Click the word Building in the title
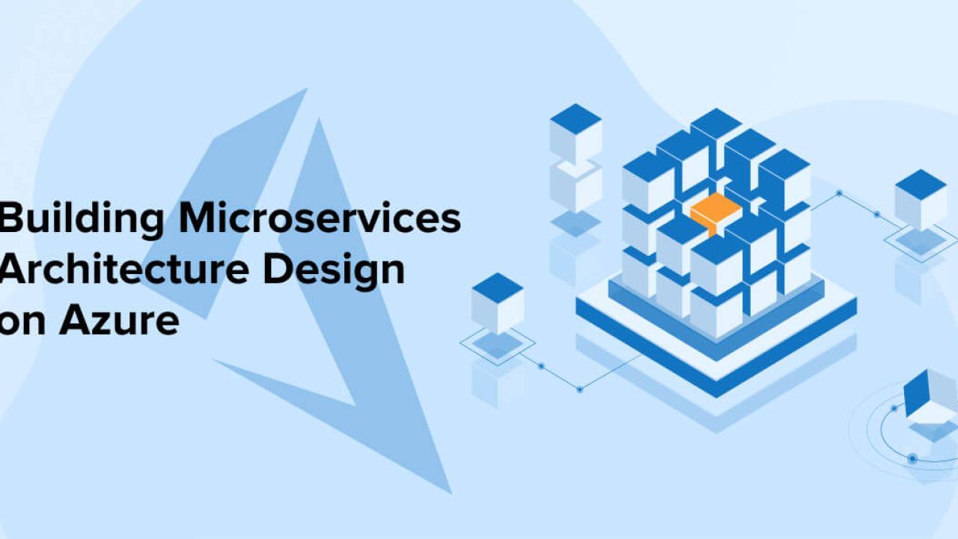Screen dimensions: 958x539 (81, 219)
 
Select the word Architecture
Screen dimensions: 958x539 (124, 269)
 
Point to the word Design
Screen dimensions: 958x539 (334, 271)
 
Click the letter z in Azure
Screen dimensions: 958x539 (106, 324)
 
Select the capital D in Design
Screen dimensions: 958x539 (278, 269)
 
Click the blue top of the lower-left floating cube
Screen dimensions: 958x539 (498, 289)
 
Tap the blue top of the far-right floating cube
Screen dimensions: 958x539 (921, 185)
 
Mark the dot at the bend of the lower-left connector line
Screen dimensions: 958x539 (580, 389)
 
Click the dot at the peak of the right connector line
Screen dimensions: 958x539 (839, 193)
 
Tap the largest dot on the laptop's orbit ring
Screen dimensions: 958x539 (912, 459)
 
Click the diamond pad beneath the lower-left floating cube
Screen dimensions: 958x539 (498, 344)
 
